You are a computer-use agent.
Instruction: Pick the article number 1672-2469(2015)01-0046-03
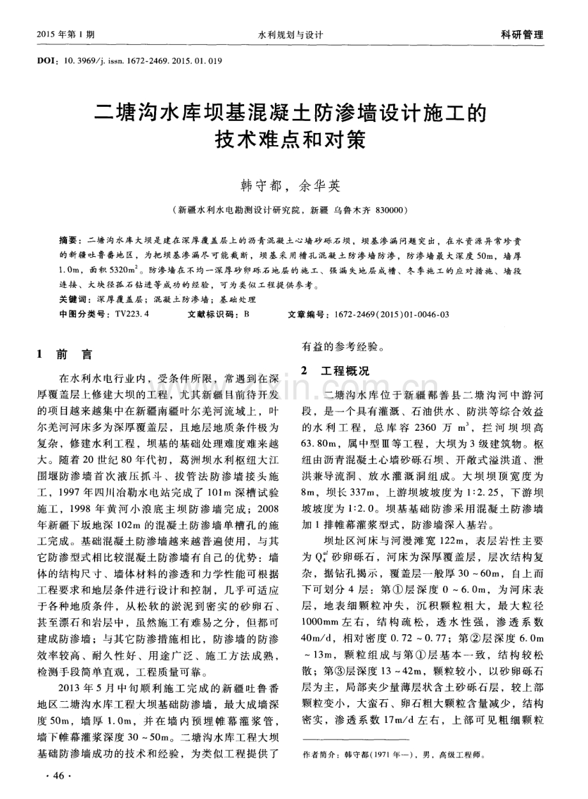[x=387, y=314]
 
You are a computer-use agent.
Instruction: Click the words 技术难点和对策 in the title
[x=293, y=141]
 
